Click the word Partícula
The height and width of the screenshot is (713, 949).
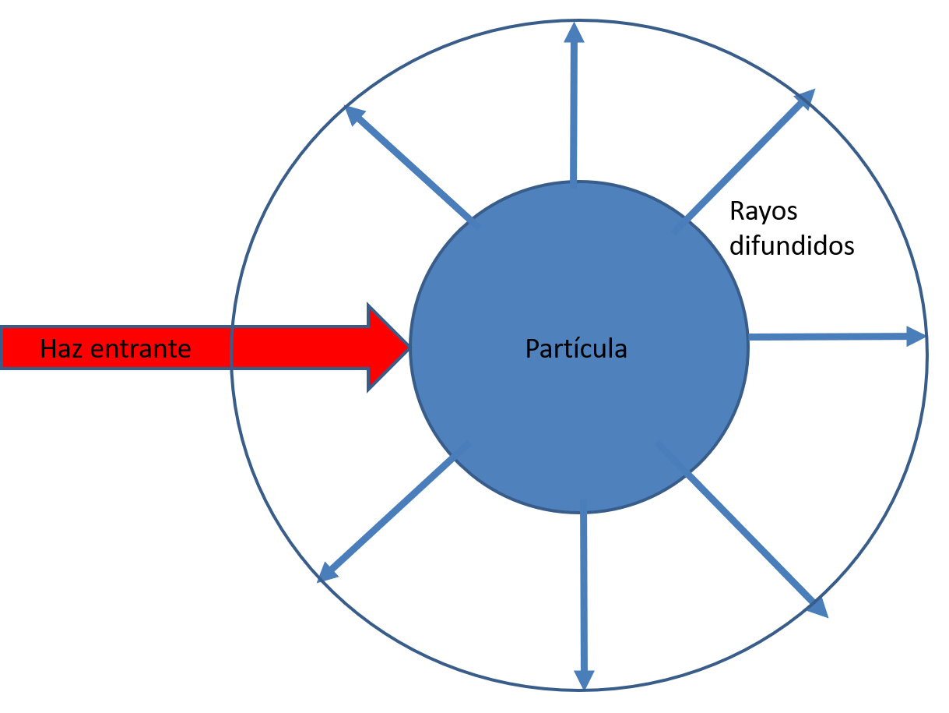tap(576, 348)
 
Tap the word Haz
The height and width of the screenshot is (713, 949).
tap(61, 348)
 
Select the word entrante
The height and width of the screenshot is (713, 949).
tap(140, 349)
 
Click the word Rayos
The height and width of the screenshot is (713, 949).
tap(764, 213)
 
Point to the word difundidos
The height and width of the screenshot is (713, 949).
tap(792, 245)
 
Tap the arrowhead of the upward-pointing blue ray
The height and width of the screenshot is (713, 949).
tap(574, 33)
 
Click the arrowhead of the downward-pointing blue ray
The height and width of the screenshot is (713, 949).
tap(584, 679)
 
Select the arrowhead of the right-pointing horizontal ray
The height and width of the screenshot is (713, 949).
tap(916, 337)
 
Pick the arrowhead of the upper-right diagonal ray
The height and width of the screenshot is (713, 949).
tap(806, 99)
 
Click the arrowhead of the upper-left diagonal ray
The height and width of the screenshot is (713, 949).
tap(355, 115)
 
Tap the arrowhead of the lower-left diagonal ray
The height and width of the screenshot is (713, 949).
tap(327, 573)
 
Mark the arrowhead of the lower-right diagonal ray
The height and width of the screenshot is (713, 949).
tap(818, 608)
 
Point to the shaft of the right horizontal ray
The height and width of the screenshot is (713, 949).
tap(828, 337)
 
